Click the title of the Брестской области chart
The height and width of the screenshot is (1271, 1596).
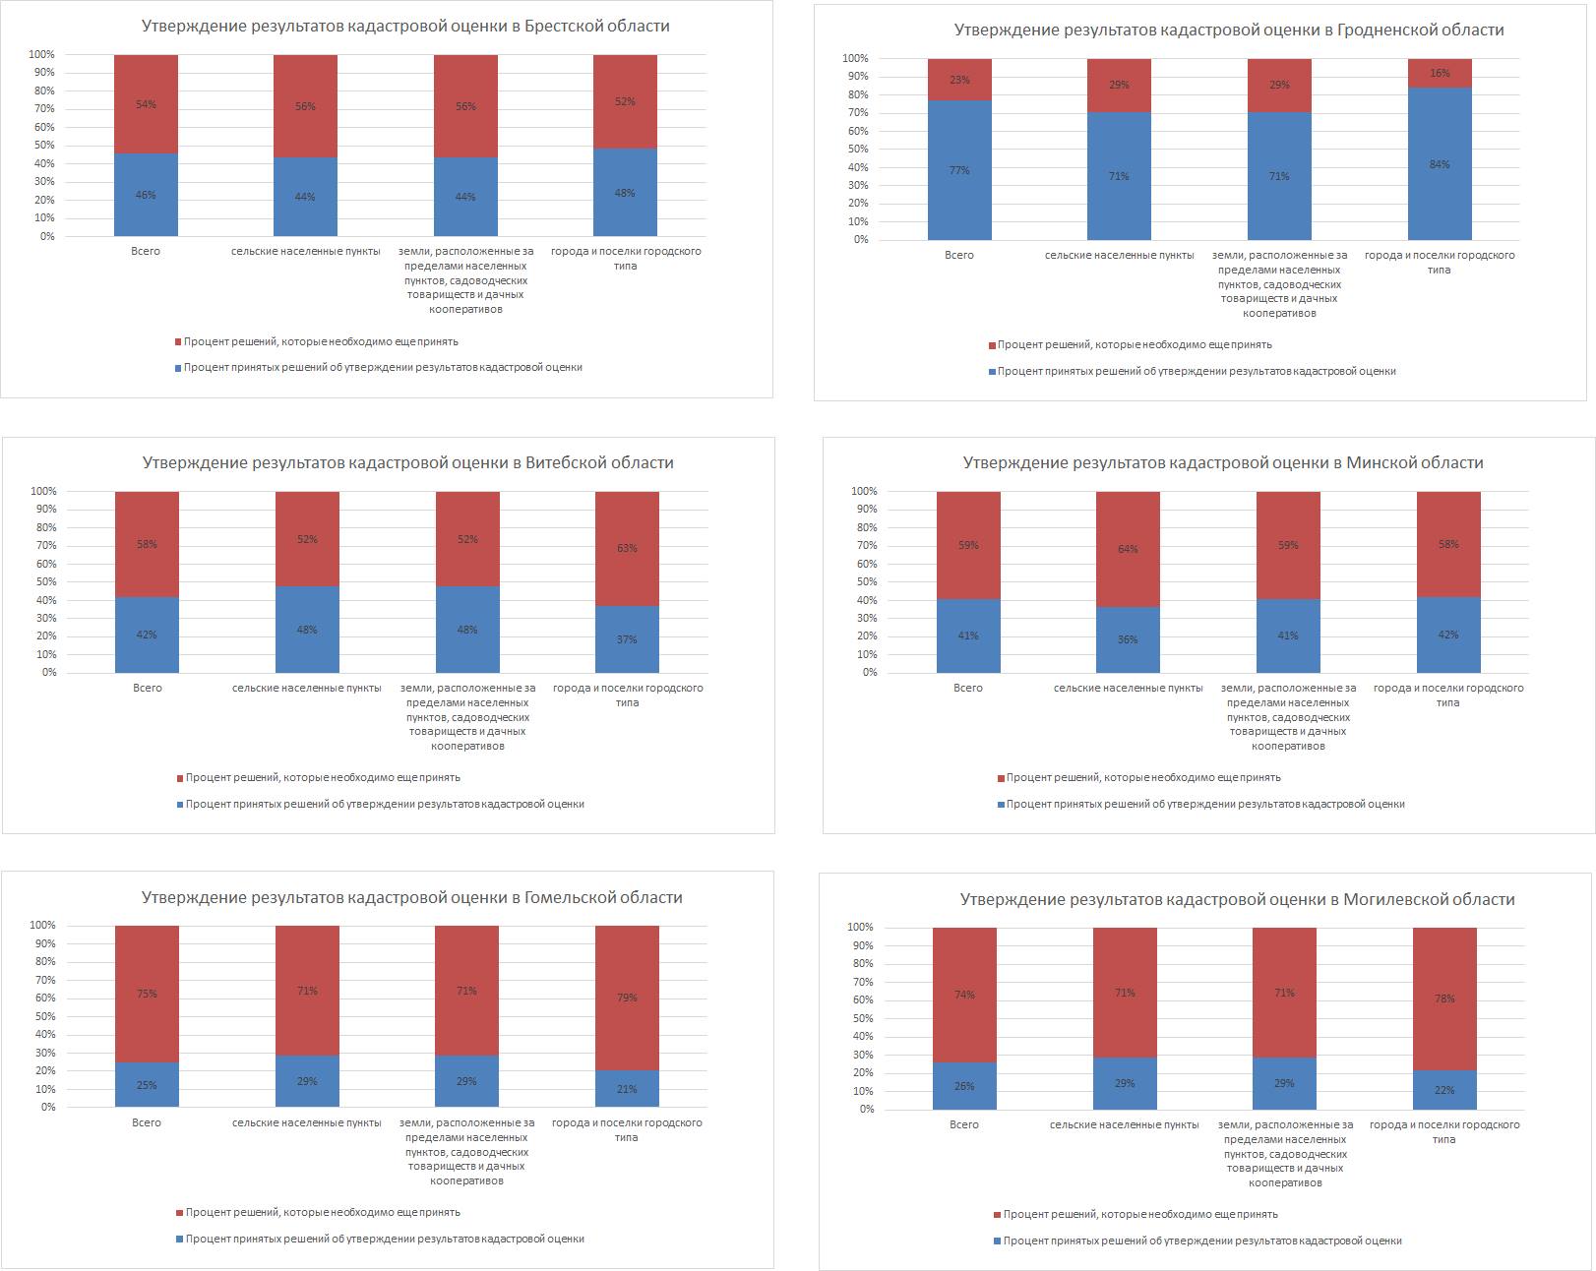(x=405, y=27)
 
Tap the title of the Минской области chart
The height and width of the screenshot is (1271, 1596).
(x=1222, y=463)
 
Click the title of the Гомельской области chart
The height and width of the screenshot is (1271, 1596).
(x=411, y=898)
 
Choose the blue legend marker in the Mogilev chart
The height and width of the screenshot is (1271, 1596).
(x=998, y=1241)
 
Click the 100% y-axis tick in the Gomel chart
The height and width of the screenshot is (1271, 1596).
(x=43, y=926)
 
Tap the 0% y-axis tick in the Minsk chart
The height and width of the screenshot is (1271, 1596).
(x=869, y=673)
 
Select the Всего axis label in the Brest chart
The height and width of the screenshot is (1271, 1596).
(x=146, y=252)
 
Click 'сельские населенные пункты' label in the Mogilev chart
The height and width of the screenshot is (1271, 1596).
(x=1124, y=1125)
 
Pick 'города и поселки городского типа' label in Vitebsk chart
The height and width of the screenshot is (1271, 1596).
(x=628, y=696)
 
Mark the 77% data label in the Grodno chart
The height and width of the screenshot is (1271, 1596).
(x=959, y=171)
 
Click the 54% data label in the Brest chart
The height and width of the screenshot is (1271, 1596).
(x=146, y=105)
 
